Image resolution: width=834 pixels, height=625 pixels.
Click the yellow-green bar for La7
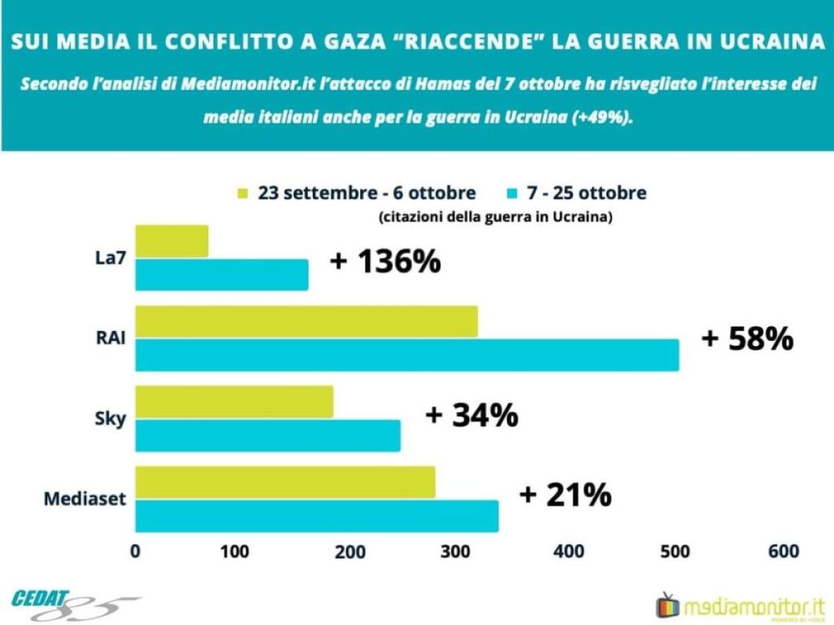172,241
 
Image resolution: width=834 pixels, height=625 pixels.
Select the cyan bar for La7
222,274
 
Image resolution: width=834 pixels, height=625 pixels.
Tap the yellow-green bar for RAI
306,321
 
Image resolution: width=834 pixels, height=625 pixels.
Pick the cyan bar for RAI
407,355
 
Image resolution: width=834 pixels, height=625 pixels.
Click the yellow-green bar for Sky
234,401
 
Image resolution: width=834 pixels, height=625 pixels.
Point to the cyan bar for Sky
268,435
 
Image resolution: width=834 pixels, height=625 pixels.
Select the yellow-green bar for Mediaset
285,482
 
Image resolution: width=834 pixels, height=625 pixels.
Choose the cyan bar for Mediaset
317,516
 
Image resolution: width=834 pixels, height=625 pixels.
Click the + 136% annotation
385,262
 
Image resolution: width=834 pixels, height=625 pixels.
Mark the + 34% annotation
471,415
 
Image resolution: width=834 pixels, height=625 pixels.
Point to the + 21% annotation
565,496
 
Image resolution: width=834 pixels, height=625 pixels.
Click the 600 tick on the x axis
784,552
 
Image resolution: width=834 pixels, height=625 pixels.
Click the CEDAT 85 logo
73,604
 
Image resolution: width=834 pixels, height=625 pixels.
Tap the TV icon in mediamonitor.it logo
669,605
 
